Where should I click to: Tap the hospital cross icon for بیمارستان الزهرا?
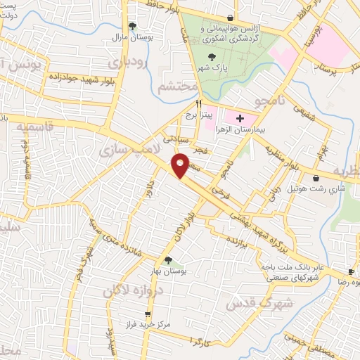[240, 117]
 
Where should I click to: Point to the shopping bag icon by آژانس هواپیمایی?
[231, 18]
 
